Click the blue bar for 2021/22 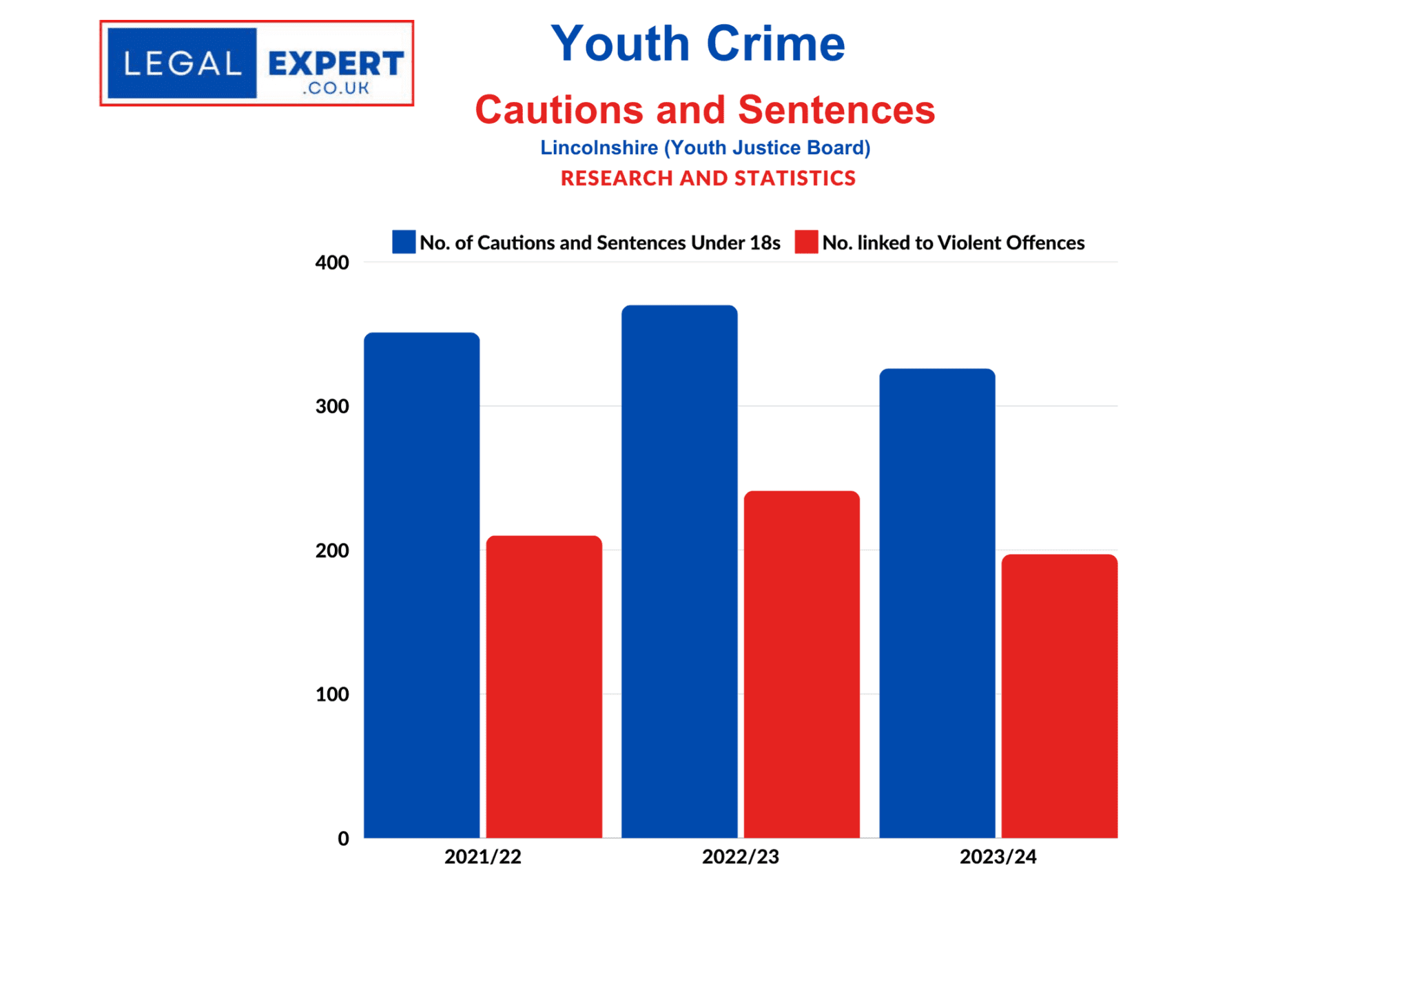point(422,585)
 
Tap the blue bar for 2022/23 point(679,571)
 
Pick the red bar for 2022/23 point(801,664)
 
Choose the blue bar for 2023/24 point(937,603)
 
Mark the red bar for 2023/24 point(1059,696)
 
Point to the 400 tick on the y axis point(332,263)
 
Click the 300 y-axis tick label point(332,406)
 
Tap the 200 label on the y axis point(332,550)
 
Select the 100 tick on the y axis point(332,694)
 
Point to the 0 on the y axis point(343,838)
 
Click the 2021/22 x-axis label point(482,857)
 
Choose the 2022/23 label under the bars point(740,857)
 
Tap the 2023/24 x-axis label point(998,857)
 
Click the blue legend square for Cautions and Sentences point(404,242)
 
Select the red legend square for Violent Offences point(806,242)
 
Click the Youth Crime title point(698,43)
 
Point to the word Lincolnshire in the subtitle point(599,147)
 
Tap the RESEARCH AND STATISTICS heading point(708,178)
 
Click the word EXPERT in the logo point(336,64)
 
